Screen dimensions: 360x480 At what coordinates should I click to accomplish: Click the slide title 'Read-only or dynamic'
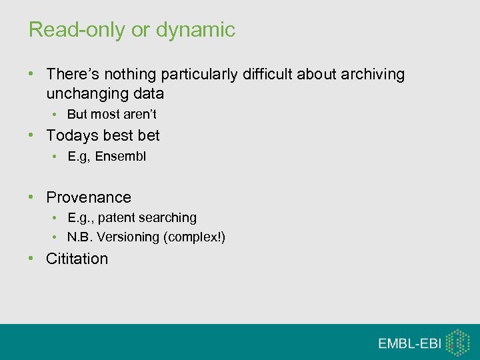coord(131,29)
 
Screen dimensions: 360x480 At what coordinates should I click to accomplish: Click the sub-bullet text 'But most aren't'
coord(111,114)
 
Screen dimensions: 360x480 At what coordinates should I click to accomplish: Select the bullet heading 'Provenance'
coord(89,197)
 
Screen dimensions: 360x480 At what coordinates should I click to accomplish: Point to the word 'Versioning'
coord(128,237)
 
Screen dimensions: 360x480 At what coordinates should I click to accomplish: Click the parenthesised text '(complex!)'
coord(194,237)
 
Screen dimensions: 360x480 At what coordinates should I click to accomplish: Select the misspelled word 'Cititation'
coord(77,259)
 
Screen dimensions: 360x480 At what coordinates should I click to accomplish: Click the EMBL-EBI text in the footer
coord(408,343)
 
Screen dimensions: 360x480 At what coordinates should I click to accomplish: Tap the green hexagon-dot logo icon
coord(457,342)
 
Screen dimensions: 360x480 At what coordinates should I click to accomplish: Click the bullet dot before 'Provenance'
coord(31,197)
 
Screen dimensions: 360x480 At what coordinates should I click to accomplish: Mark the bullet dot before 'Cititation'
coord(31,259)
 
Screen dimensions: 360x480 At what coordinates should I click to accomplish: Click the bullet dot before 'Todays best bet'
coord(31,135)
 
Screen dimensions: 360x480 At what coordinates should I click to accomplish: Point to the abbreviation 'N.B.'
coord(80,237)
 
